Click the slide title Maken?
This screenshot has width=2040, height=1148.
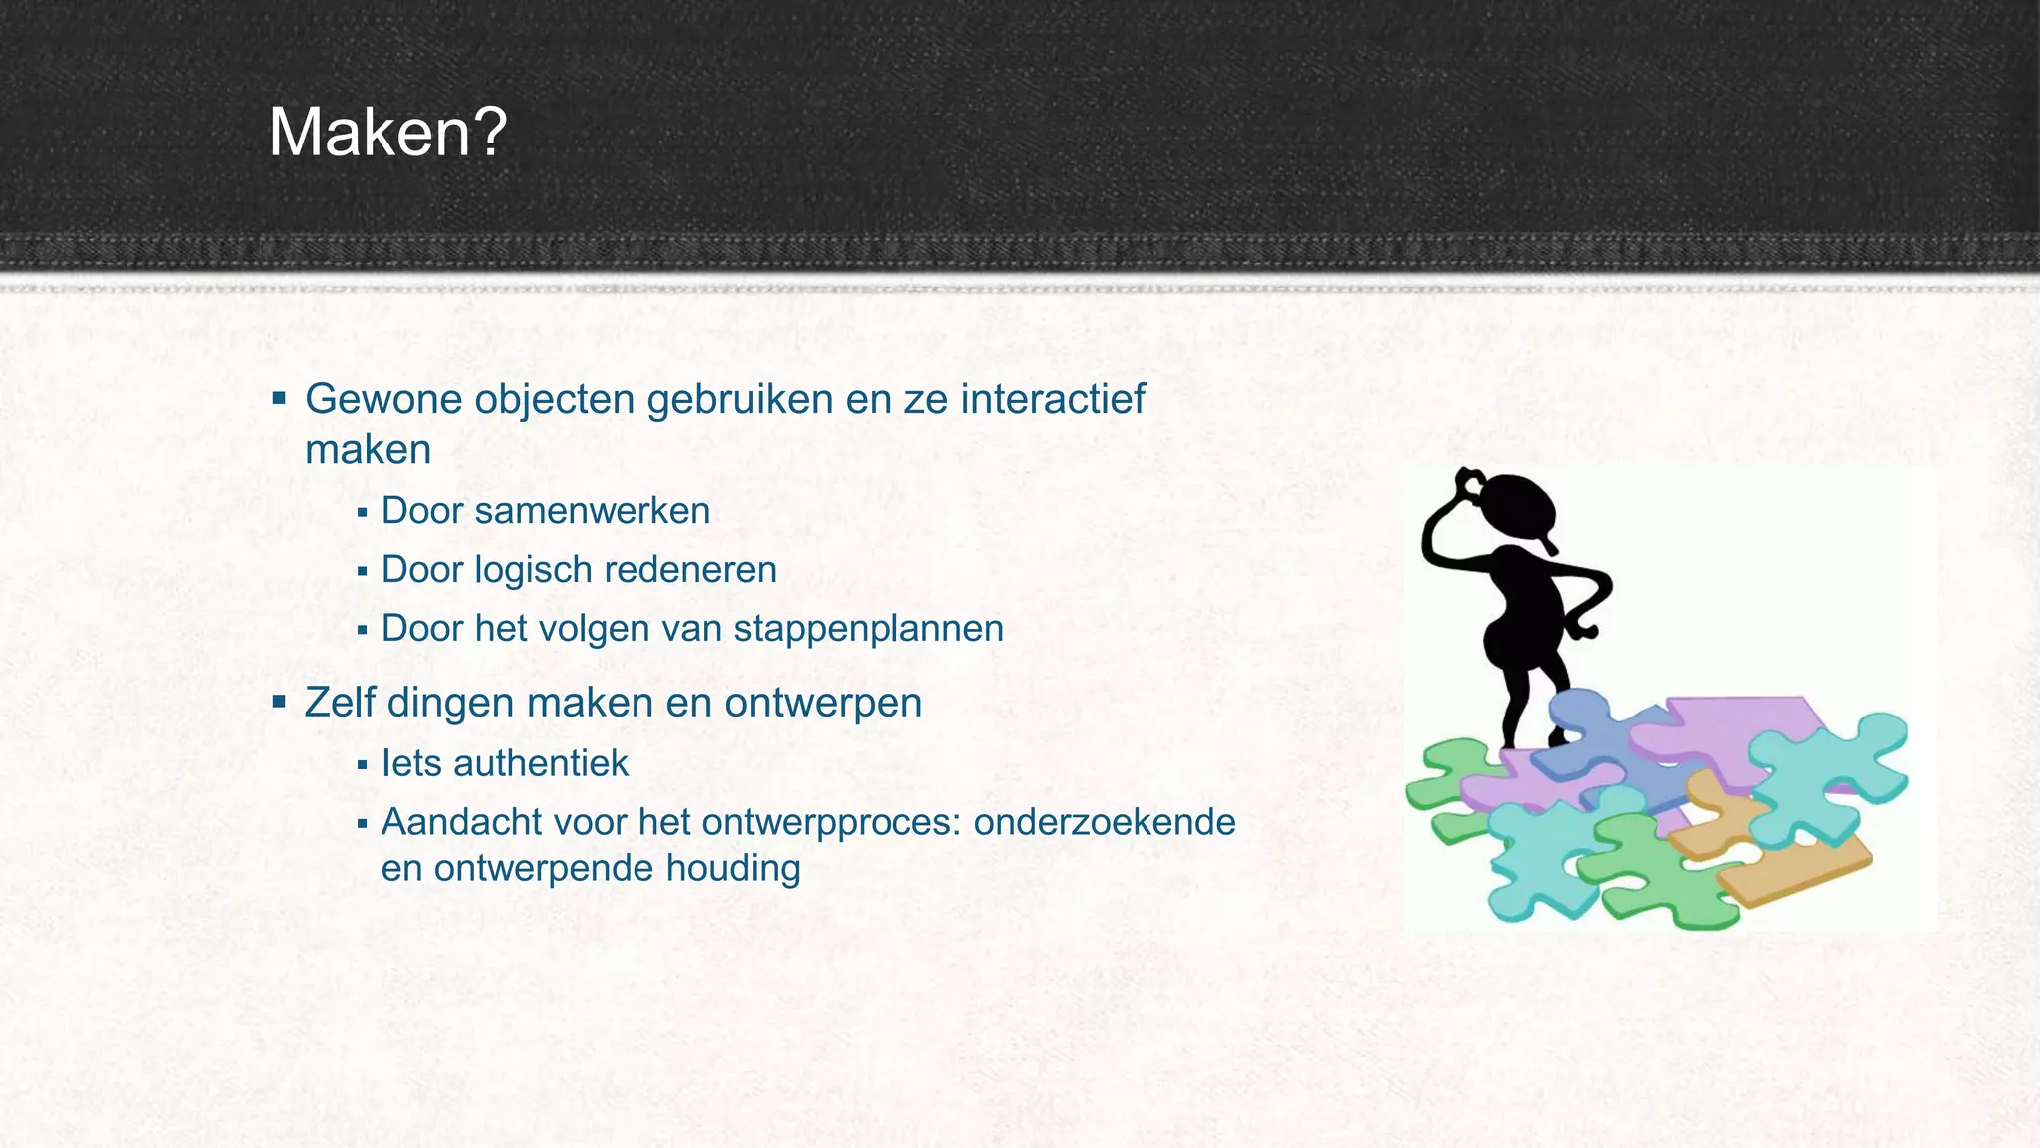(387, 133)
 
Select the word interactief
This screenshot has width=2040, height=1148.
(1053, 399)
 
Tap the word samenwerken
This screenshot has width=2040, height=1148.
(592, 511)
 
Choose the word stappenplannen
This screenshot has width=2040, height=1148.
(868, 629)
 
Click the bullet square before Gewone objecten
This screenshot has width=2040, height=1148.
(279, 400)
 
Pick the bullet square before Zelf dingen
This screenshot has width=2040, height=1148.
(279, 703)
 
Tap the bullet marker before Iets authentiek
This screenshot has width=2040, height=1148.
(362, 765)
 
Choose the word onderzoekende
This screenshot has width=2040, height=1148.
(1105, 823)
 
